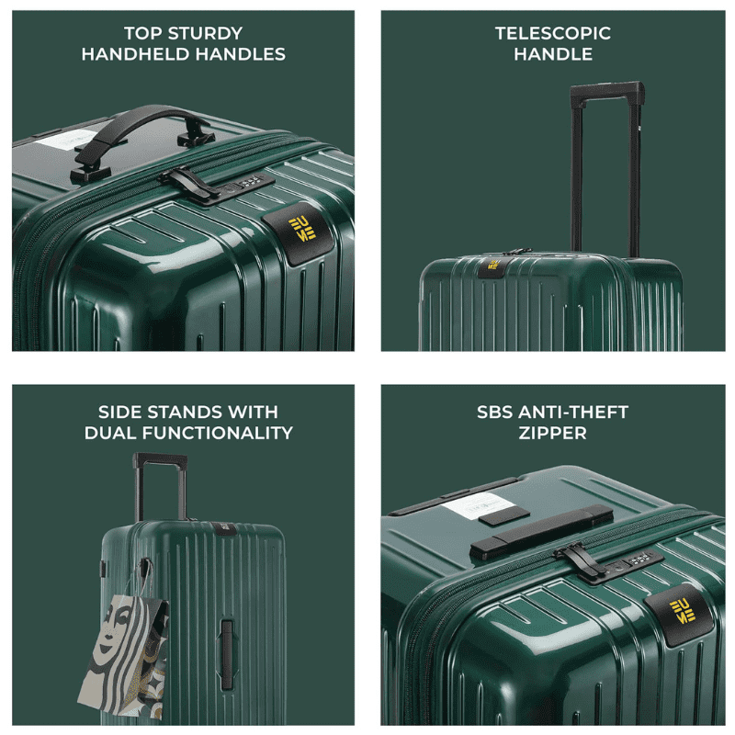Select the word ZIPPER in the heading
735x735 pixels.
552,432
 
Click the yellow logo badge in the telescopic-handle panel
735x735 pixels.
493,267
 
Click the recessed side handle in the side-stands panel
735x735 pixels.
226,649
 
